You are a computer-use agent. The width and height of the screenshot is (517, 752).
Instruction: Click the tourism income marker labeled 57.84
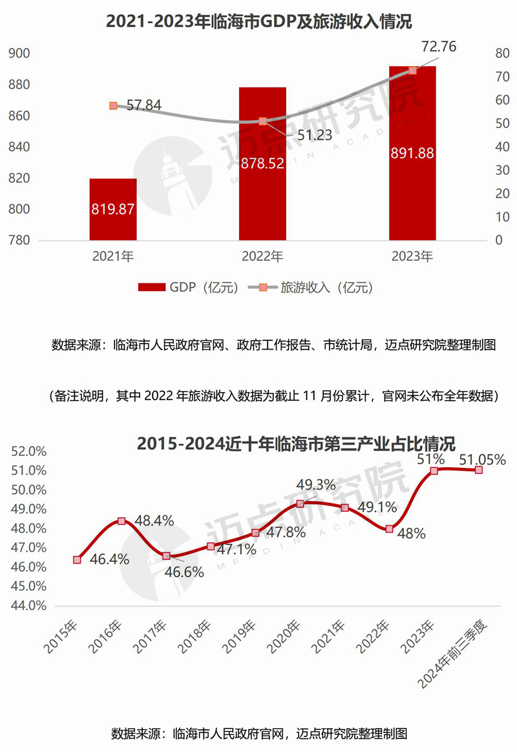[x=113, y=105]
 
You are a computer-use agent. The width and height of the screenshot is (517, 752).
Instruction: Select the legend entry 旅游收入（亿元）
[x=312, y=287]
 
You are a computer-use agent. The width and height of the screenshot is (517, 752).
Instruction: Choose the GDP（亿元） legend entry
[x=187, y=287]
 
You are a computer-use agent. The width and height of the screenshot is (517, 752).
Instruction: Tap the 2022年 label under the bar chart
[x=262, y=257]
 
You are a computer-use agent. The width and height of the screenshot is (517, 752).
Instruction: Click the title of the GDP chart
[x=258, y=22]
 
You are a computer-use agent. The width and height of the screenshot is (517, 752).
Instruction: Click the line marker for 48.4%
[x=121, y=521]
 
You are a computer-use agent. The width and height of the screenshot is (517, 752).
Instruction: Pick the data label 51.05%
[x=482, y=459]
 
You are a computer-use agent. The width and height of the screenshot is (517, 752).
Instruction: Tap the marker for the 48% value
[x=389, y=529]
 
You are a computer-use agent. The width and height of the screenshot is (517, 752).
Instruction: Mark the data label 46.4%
[x=109, y=560]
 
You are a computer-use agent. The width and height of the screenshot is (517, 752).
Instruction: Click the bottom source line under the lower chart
[x=258, y=734]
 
